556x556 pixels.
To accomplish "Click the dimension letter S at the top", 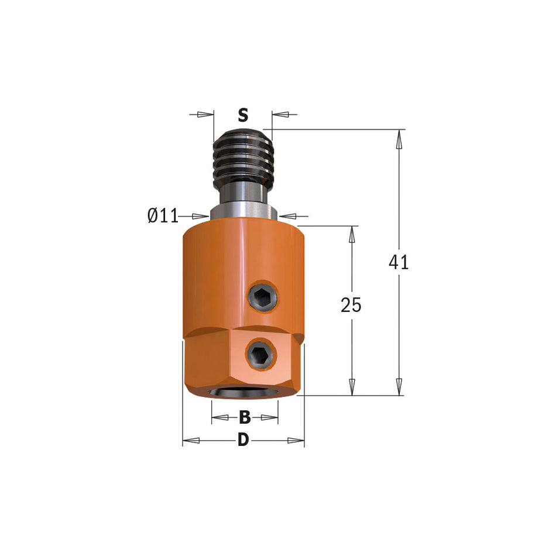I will click(x=243, y=115).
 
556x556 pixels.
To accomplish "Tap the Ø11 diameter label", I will click(x=163, y=216).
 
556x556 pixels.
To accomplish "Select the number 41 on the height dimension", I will click(x=399, y=262).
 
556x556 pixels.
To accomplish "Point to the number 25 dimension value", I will click(x=351, y=305).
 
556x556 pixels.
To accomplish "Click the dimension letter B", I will click(x=245, y=417).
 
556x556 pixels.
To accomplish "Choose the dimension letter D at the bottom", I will click(x=243, y=440).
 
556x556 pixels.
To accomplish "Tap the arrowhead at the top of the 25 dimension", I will click(x=352, y=235).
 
